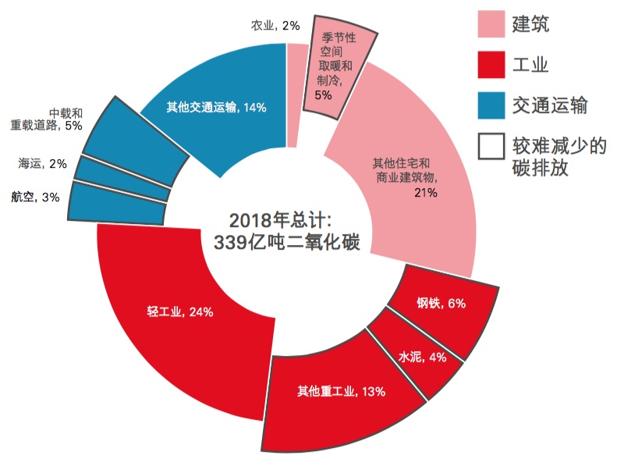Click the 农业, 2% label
point(275,26)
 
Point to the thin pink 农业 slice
point(296,94)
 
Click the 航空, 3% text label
point(35,197)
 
